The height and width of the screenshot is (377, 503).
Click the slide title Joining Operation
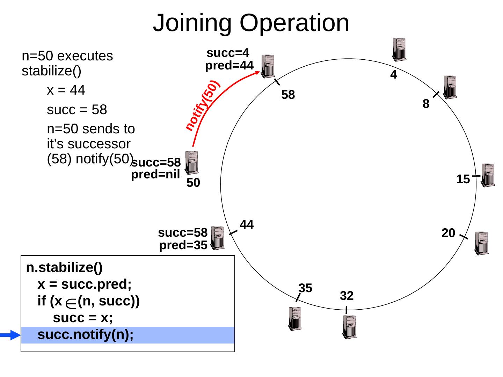251,23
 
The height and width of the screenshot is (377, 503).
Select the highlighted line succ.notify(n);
86,335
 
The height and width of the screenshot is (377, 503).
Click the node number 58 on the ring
288,95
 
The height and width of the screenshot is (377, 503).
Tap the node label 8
425,104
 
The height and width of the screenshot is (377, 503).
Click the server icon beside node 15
488,175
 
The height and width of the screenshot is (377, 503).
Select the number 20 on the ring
448,233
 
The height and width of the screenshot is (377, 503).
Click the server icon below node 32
349,327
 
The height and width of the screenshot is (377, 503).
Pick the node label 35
305,288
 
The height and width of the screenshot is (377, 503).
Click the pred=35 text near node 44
183,246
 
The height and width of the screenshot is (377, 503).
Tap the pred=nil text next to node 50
155,175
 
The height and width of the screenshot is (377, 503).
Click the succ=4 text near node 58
228,53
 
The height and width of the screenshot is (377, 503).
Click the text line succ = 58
76,110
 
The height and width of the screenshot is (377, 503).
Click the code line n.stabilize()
64,268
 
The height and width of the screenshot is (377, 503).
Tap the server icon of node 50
191,162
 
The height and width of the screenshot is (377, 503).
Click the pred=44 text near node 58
229,66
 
